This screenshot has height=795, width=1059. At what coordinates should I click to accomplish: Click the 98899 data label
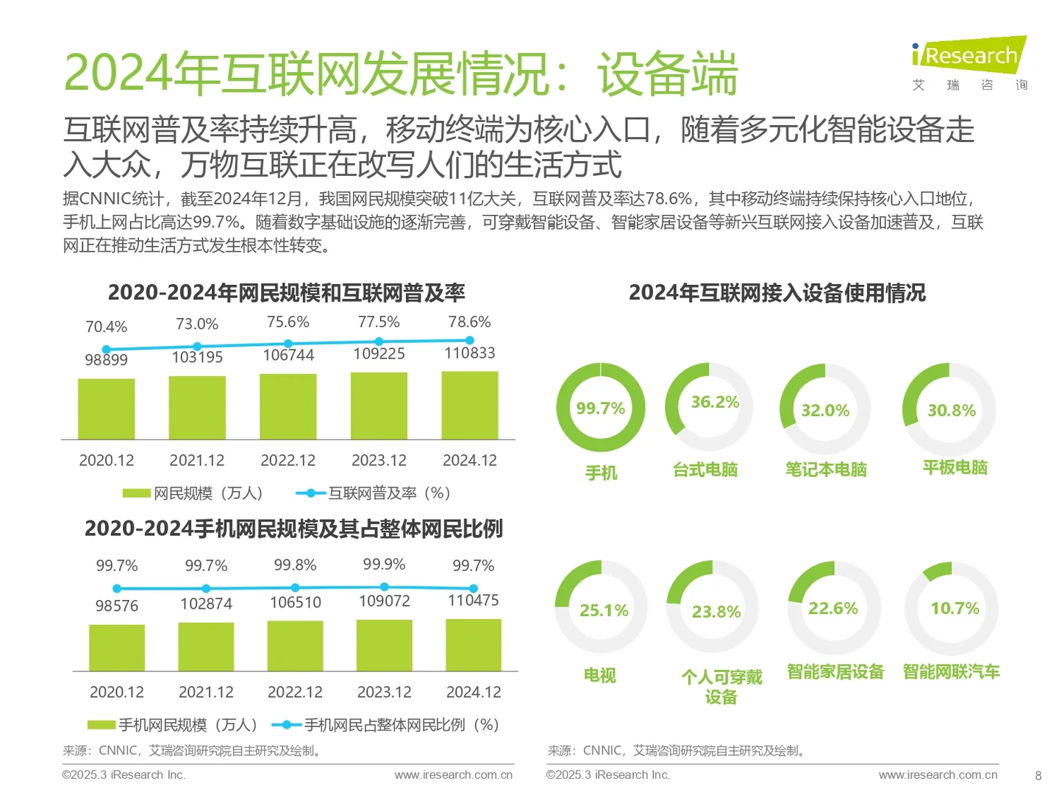(106, 359)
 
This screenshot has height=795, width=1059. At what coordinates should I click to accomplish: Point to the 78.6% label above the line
(469, 322)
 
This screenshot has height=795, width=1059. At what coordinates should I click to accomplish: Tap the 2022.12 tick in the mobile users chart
(295, 692)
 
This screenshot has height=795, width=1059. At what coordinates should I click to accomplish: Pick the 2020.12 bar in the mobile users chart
(117, 647)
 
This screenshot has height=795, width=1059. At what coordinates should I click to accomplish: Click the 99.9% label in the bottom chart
(384, 564)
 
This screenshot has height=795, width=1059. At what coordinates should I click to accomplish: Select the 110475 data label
(473, 600)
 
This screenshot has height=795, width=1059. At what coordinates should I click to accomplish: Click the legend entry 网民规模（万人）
(193, 493)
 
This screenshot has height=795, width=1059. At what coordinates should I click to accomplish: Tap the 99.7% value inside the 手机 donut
(600, 408)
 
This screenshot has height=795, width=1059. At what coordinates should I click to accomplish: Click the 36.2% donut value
(715, 402)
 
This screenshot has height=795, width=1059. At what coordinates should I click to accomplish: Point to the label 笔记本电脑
(826, 469)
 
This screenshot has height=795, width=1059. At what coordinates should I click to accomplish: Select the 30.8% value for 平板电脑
(951, 410)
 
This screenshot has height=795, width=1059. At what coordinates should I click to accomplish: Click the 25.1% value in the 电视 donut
(604, 610)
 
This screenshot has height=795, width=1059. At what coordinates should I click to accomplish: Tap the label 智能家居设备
(835, 671)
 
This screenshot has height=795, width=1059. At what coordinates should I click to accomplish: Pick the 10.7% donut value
(955, 608)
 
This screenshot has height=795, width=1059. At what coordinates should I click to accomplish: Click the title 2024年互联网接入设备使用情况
(777, 293)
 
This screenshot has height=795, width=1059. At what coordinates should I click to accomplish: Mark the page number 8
(1038, 775)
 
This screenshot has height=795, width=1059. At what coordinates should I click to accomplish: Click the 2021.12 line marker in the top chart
(197, 347)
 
